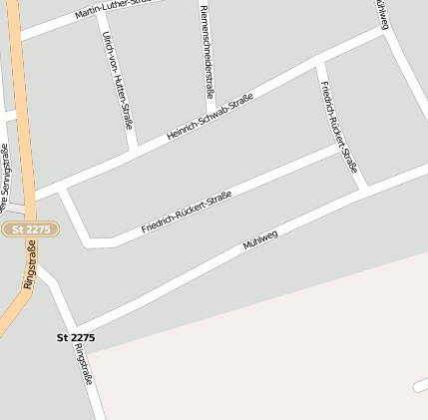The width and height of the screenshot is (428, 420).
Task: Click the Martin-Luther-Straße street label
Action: (113, 10)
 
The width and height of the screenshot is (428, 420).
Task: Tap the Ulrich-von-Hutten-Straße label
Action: (117, 80)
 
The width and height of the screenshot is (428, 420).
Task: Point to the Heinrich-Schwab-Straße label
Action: (210, 116)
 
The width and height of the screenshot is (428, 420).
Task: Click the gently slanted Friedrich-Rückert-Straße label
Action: (187, 211)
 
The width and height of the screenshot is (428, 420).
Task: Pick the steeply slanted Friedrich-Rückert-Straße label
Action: (339, 128)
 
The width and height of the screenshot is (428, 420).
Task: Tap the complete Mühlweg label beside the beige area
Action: (259, 240)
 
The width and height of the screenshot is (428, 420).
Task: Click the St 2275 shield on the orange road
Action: (31, 229)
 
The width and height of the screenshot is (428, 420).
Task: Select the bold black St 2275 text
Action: (76, 338)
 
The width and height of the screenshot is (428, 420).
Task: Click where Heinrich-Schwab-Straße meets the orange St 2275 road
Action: (32, 197)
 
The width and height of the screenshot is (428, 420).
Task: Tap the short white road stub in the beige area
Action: (421, 385)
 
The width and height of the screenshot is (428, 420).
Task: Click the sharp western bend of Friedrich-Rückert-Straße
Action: (92, 240)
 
